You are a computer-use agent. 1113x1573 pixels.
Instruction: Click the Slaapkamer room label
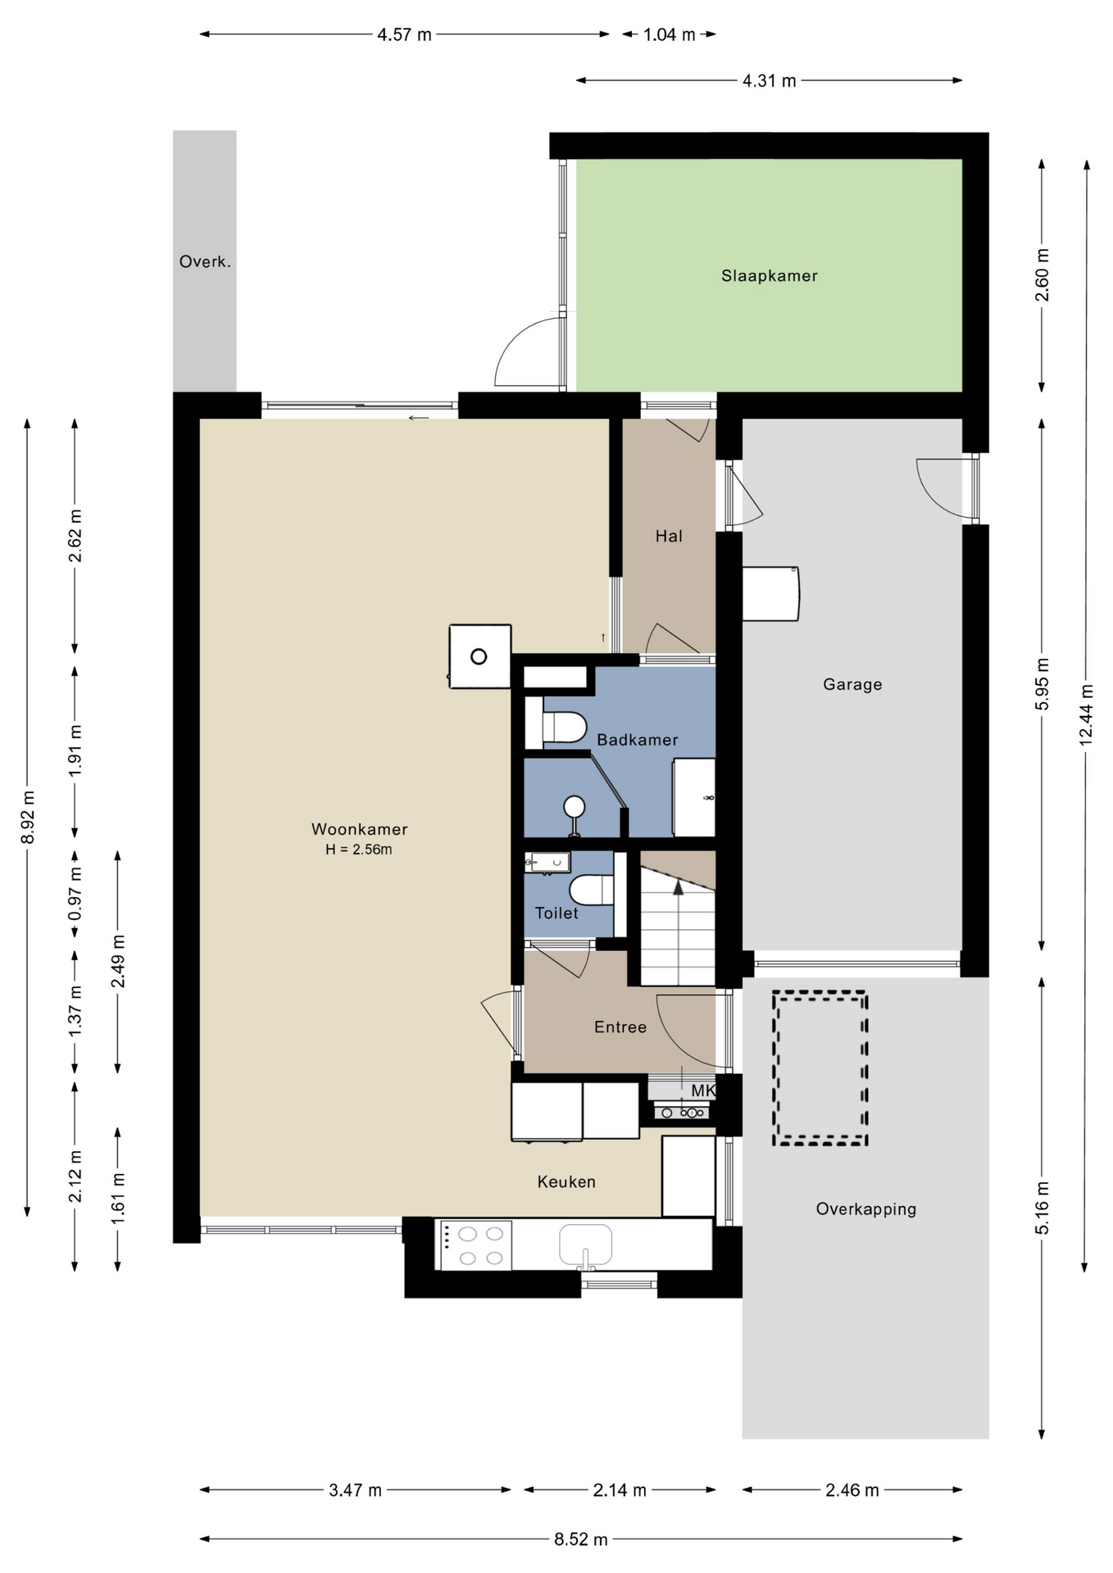pos(769,276)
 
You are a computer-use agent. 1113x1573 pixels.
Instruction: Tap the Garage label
pos(852,684)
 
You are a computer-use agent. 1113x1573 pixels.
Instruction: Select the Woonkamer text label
pos(359,829)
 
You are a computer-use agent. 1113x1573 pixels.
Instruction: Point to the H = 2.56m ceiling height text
pos(359,850)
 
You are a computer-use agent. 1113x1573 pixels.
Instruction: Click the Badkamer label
pos(638,740)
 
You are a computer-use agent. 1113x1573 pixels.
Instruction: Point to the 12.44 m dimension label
pos(1086,714)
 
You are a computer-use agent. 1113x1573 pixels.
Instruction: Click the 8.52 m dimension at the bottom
pos(580,1539)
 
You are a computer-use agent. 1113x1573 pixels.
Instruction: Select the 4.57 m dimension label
pos(404,34)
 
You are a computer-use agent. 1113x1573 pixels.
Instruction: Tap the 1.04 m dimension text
pos(669,34)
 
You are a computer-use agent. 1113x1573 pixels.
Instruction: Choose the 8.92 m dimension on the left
pos(28,817)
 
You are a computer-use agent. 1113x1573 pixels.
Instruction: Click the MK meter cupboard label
pos(703,1090)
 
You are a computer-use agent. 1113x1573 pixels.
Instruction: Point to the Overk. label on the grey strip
pos(205,261)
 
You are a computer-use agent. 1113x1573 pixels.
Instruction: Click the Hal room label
pos(669,536)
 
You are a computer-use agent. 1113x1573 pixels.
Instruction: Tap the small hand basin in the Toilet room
pos(548,862)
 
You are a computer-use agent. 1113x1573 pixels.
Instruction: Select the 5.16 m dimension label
pos(1042,1208)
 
